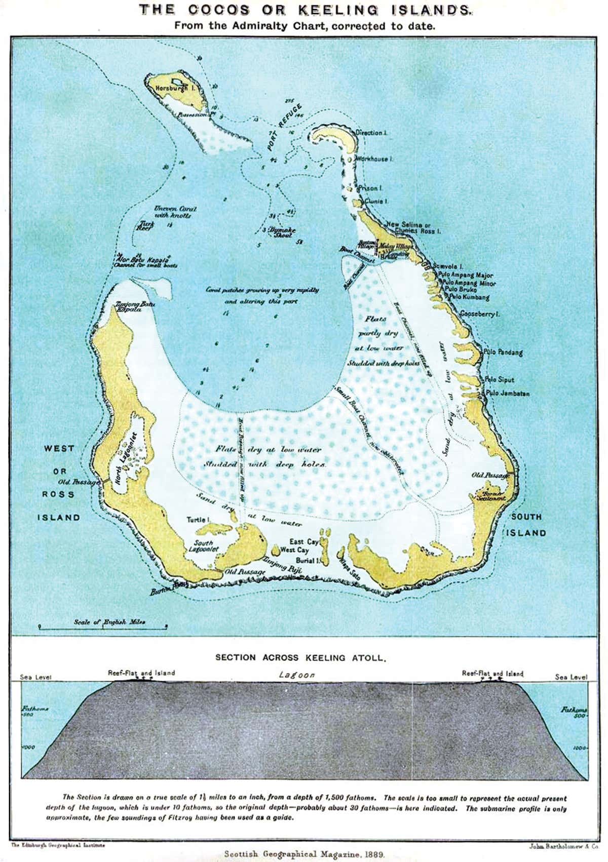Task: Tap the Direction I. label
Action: coord(371,133)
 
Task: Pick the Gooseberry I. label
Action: coord(479,314)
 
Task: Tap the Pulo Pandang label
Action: coord(503,352)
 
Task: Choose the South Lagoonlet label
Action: coord(204,545)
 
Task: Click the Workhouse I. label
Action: coord(374,159)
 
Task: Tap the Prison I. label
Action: coord(370,188)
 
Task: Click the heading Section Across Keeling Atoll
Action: coord(301,658)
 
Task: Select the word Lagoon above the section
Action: coord(296,675)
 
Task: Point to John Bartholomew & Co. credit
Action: coord(561,845)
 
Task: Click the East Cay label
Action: coord(303,542)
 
